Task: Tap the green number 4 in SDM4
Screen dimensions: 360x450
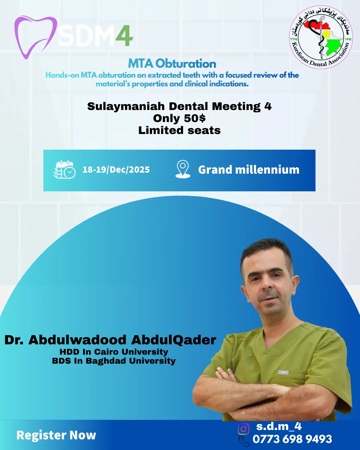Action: tap(124, 36)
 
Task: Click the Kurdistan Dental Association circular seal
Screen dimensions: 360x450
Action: tap(321, 37)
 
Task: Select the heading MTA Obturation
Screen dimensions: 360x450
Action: tap(172, 64)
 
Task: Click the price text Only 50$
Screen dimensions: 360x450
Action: tap(179, 118)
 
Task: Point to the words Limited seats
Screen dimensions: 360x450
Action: tap(179, 130)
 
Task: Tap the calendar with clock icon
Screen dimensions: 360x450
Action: tap(64, 169)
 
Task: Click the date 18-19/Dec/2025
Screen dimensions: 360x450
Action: tap(116, 170)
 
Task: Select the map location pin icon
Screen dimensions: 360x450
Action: tap(183, 169)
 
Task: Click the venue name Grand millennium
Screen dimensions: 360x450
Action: tap(249, 170)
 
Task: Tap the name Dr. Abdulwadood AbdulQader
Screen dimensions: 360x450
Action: tap(110, 340)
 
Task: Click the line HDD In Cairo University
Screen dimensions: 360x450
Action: tap(114, 352)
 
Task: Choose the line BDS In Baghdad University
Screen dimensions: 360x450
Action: tap(114, 361)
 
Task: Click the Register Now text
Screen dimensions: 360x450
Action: tap(56, 435)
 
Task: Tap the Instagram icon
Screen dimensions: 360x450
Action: tap(243, 429)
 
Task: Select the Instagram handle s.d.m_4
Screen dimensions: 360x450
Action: tap(279, 427)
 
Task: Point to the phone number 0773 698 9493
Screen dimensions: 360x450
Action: tap(292, 439)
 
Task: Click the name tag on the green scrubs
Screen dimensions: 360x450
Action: tap(283, 372)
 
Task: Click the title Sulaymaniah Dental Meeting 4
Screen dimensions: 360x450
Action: tap(179, 106)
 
